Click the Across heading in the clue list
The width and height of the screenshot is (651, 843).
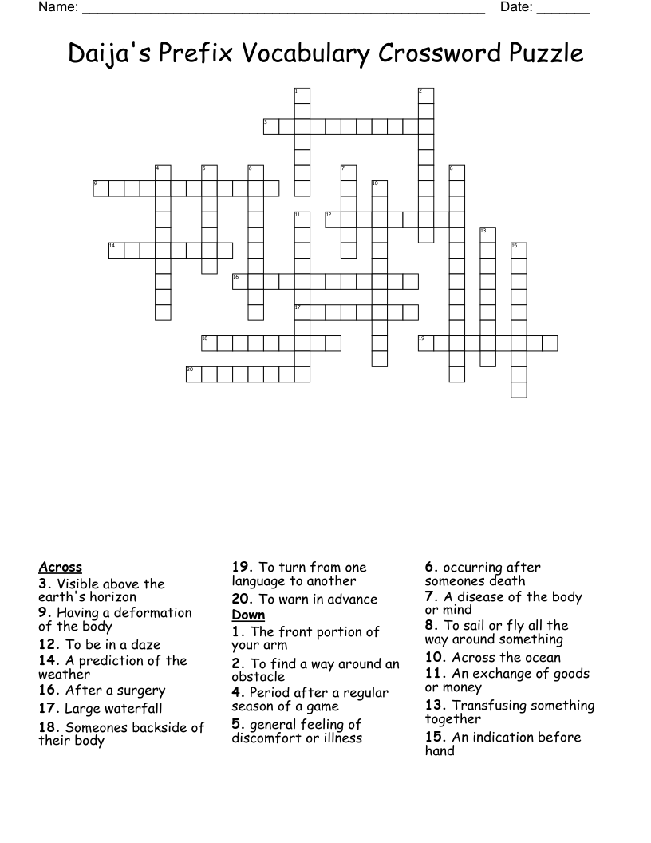[x=61, y=568]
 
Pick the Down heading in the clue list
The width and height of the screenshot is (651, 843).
[x=248, y=615]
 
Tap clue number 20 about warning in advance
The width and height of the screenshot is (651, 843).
[x=241, y=600]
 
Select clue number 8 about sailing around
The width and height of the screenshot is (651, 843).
[x=431, y=626]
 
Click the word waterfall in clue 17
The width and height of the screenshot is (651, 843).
[x=133, y=709]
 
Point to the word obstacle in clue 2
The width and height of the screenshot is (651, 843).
[x=258, y=677]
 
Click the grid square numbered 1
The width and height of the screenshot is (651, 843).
[x=302, y=95]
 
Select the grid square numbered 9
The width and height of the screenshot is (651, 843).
[x=101, y=188]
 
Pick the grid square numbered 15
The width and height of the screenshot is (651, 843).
[x=519, y=251]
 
